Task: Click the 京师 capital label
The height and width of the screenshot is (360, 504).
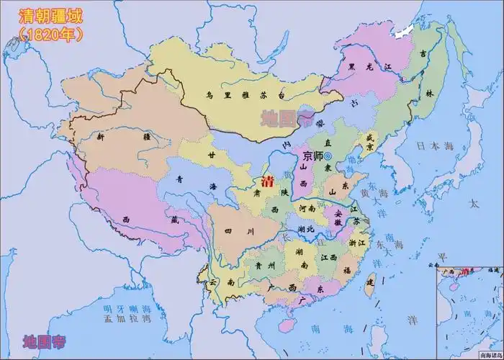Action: (x=312, y=156)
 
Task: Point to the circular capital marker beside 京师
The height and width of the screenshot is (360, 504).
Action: (x=328, y=156)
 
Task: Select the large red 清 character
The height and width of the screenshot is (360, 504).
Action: (x=268, y=179)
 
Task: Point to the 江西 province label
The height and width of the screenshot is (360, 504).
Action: (x=330, y=257)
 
